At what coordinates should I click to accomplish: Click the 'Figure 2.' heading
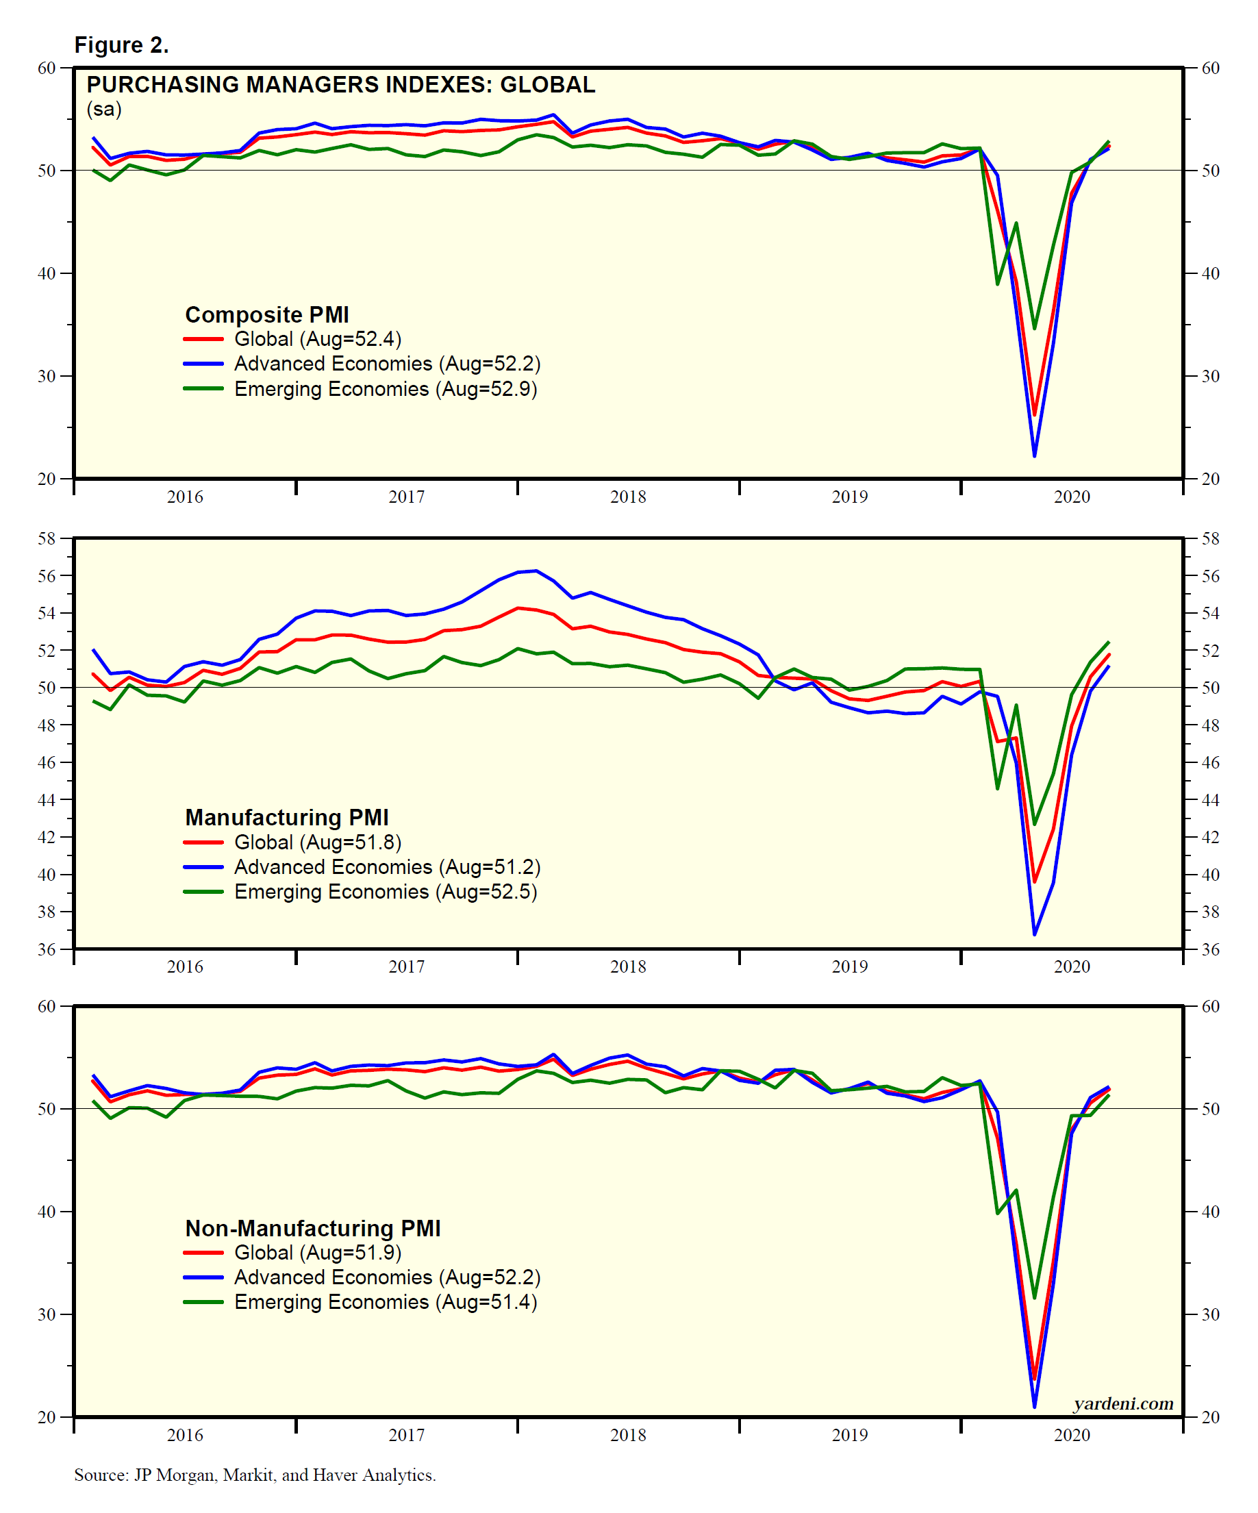coord(121,45)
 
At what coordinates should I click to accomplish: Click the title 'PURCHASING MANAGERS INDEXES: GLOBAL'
coord(341,85)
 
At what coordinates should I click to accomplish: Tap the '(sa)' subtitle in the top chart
coord(104,109)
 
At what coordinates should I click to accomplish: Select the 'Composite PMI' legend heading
coord(266,315)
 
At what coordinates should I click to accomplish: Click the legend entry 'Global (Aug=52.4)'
coord(317,338)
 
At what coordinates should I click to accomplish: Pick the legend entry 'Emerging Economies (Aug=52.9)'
coord(386,389)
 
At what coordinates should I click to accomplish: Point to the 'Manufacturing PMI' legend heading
coord(287,817)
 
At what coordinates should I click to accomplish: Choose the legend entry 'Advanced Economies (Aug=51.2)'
coord(387,866)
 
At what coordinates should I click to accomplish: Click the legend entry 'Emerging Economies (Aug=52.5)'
coord(386,892)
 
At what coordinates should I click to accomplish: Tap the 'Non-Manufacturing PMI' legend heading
coord(313,1227)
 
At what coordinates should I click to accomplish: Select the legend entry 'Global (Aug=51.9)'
coord(317,1252)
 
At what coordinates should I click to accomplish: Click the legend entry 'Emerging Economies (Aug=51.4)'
coord(386,1302)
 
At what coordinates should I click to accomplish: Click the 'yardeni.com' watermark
coord(1122,1403)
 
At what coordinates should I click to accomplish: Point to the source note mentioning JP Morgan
coord(255,1475)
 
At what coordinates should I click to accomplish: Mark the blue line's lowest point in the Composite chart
coord(1035,455)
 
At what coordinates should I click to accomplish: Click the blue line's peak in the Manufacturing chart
coord(536,571)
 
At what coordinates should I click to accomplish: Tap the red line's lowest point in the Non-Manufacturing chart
coord(1035,1379)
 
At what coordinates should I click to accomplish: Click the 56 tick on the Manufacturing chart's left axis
coord(46,575)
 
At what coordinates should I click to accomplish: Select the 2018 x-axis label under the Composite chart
coord(627,497)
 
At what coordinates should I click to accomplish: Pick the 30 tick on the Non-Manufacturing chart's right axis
coord(1211,1314)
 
